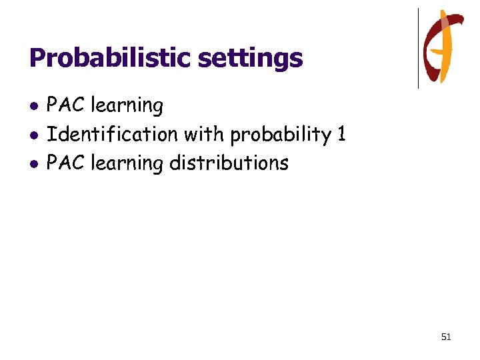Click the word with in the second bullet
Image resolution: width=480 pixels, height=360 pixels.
coord(205,134)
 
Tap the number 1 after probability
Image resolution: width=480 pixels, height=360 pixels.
coord(341,134)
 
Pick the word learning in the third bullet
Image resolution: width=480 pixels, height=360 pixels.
coord(127,164)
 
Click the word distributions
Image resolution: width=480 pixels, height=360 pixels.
coord(229,163)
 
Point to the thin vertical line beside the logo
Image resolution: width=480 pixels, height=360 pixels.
coord(419,48)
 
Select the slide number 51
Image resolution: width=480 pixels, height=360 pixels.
coord(446,337)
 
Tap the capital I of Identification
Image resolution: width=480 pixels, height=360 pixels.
coord(50,134)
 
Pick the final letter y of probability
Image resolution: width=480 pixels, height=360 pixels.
coord(327,137)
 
